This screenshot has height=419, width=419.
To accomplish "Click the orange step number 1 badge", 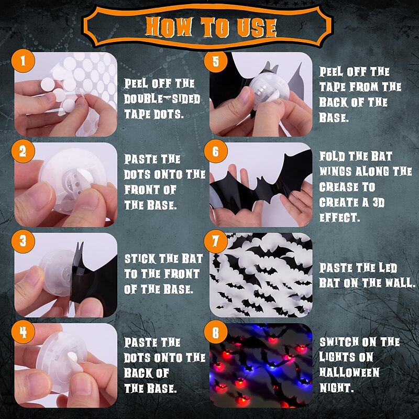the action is [23, 61].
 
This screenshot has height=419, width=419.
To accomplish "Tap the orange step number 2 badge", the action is [23, 151].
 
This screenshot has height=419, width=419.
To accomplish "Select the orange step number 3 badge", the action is [23, 241].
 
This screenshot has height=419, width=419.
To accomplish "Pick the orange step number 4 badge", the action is [23, 332].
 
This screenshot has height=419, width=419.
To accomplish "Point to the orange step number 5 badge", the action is [216, 61].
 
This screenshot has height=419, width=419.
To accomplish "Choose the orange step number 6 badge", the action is [216, 151].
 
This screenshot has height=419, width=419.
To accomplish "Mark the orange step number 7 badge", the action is [216, 241].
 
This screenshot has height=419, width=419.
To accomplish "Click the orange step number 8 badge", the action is [216, 332].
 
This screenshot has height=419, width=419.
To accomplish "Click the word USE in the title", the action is [256, 28].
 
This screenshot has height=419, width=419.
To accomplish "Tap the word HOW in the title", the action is [169, 27].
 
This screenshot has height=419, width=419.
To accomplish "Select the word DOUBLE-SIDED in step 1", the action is [162, 99].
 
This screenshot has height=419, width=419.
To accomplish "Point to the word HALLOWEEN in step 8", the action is [349, 372].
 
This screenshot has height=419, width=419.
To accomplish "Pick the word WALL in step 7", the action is [400, 283].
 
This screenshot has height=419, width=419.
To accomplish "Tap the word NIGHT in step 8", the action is [337, 388].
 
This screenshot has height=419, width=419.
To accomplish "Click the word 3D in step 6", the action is [378, 203].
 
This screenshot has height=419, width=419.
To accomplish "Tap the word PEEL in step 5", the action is [331, 72].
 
